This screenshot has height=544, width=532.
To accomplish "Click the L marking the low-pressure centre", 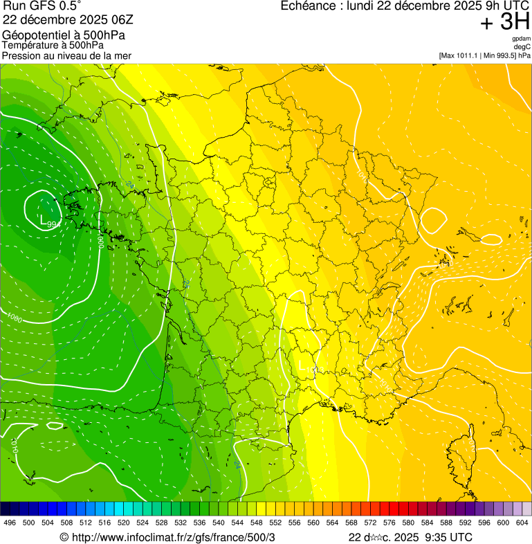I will [x=44, y=221].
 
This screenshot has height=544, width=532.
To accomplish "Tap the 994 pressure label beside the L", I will [x=53, y=225].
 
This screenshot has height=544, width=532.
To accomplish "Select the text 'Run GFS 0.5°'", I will [x=42, y=7].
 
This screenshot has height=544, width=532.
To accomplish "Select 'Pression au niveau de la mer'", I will [x=66, y=55].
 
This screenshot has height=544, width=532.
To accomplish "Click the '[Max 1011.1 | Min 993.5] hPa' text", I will [x=484, y=55].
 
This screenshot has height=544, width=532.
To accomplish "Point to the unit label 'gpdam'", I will [x=521, y=39].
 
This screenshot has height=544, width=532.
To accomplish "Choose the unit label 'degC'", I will [x=522, y=47].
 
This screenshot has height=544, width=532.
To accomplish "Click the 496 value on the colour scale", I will [x=10, y=523].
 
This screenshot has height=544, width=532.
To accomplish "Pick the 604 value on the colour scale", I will [x=522, y=523].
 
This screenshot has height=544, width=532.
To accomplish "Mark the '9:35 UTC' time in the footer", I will [x=449, y=537].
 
